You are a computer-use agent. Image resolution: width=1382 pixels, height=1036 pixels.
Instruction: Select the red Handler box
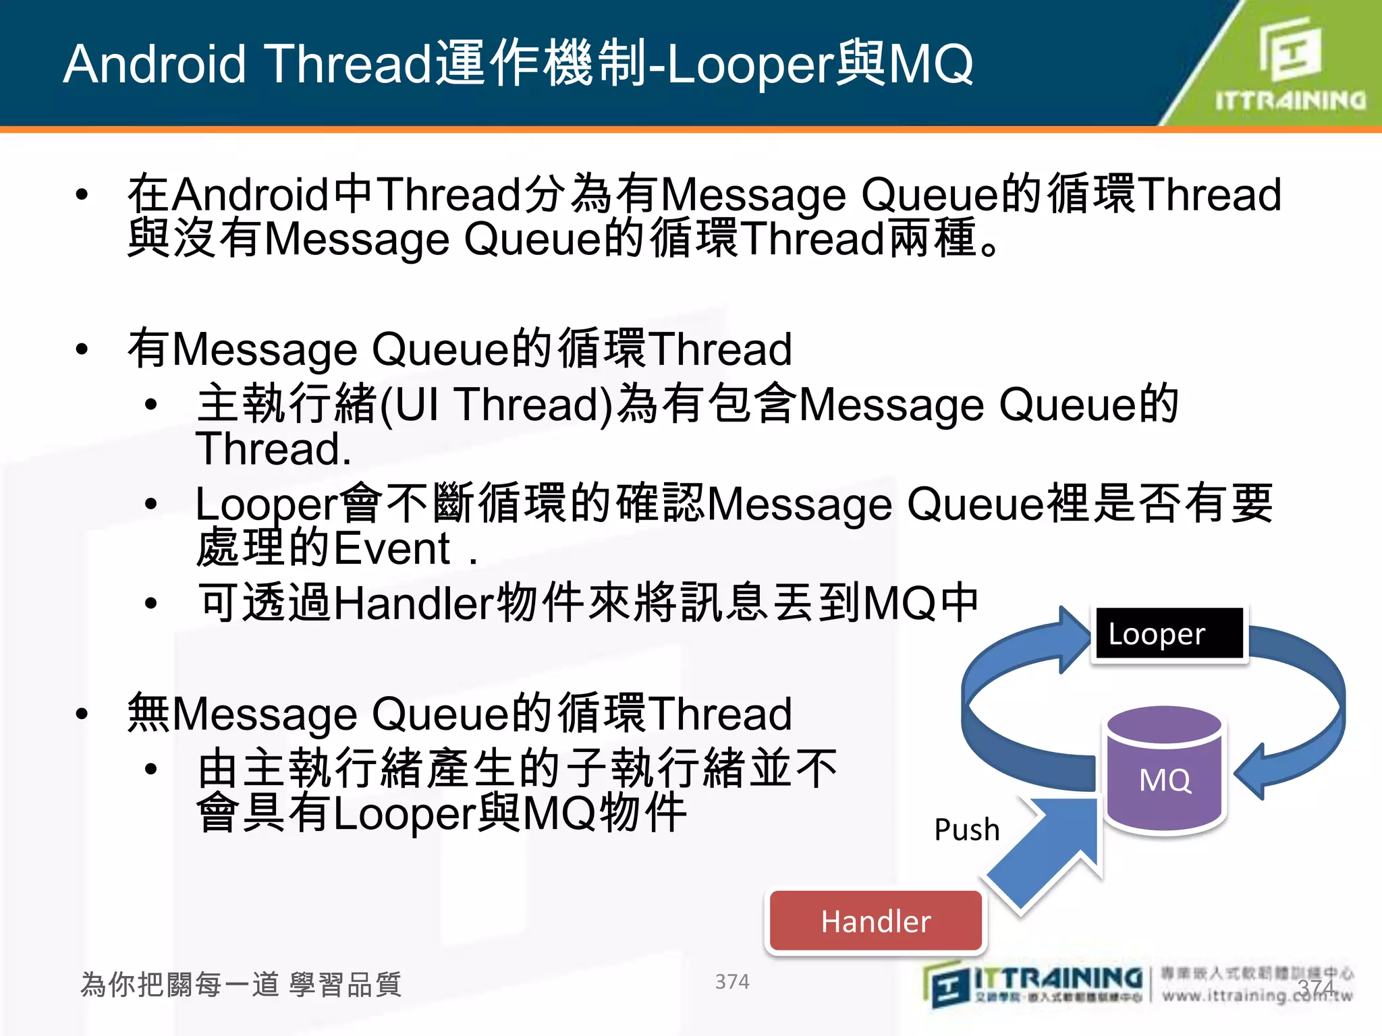point(875,921)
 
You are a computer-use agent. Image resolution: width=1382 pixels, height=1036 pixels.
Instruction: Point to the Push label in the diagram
point(966,830)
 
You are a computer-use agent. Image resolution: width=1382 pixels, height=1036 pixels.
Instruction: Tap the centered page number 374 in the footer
point(732,981)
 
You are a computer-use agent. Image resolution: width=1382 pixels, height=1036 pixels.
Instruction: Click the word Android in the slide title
point(155,64)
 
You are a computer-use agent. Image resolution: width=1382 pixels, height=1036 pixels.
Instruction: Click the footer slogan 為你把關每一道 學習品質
point(241,984)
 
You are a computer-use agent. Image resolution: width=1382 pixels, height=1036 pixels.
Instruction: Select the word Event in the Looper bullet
point(391,548)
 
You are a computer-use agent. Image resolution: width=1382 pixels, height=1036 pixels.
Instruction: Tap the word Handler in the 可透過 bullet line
point(413,602)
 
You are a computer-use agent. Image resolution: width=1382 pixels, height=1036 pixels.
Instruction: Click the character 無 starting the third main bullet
point(148,714)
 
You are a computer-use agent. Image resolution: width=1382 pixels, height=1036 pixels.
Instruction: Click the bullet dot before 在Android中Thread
point(82,195)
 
